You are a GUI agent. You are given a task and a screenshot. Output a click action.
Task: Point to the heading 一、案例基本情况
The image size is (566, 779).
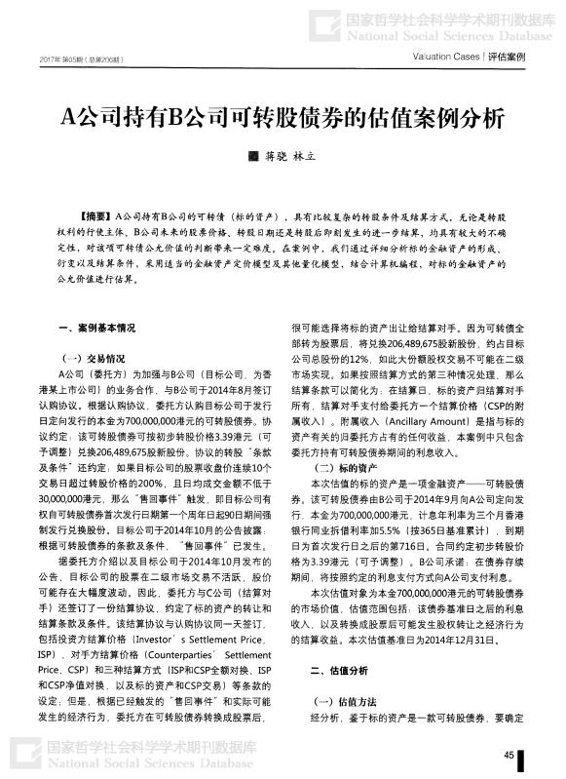click(96, 329)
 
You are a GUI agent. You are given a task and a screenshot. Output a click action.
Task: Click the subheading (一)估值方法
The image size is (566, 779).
click(337, 702)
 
